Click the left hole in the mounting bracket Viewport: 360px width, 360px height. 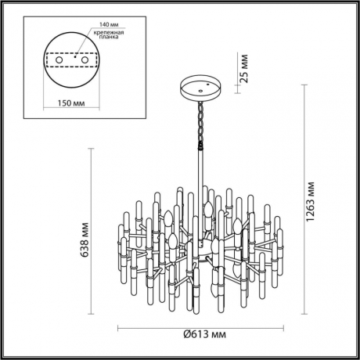point(57,60)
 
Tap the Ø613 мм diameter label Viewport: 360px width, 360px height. point(204,334)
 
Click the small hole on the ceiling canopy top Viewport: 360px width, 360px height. point(207,81)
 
